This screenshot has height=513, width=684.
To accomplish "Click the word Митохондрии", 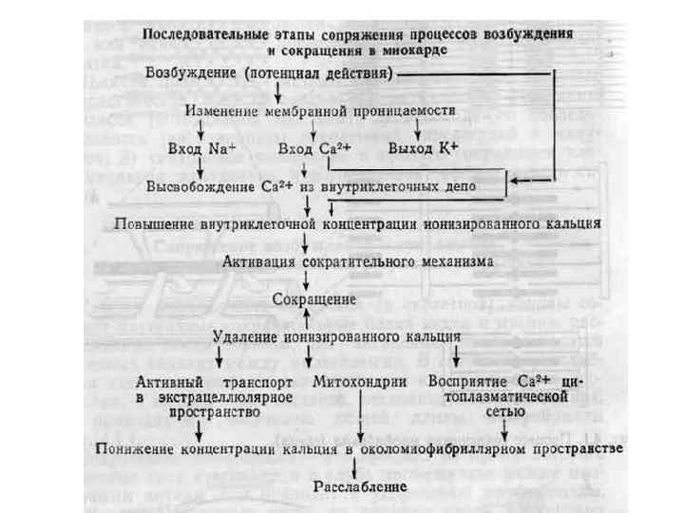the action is pos(360,380).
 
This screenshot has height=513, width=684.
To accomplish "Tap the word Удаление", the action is pos(245,335).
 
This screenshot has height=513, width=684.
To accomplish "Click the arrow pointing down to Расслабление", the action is pos(355,465).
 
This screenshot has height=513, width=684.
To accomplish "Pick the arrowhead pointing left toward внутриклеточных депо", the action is pos(514,180).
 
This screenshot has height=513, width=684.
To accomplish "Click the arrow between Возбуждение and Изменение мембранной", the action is pos(276,91).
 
